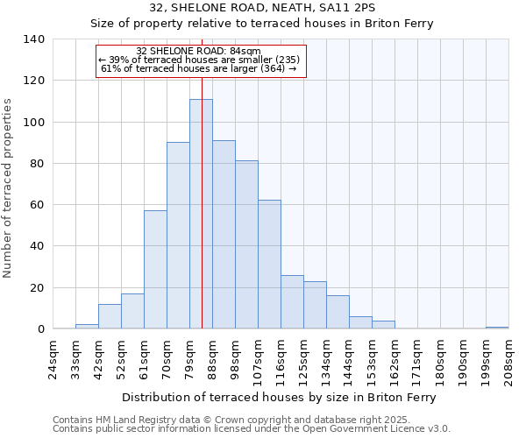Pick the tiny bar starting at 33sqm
[x=87, y=327]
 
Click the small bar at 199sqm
[x=497, y=328]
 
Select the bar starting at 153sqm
[x=383, y=325]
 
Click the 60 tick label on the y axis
[x=38, y=205]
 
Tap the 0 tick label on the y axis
[x=41, y=329]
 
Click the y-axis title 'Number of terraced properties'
[x=9, y=187]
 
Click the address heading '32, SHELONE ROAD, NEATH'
[x=262, y=9]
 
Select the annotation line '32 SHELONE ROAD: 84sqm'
[x=199, y=52]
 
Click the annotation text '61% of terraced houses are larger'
[x=199, y=68]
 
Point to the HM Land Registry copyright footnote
[x=251, y=420]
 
